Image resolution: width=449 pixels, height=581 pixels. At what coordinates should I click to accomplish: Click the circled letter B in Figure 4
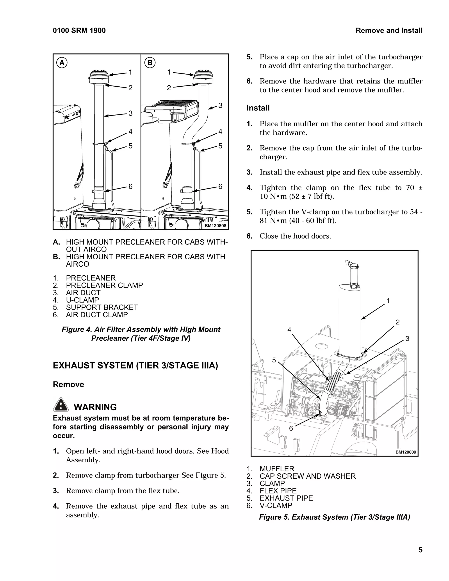click(150, 63)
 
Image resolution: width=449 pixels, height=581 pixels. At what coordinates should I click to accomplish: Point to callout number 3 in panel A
click(130, 113)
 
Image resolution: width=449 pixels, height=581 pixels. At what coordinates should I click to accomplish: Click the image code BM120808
click(216, 226)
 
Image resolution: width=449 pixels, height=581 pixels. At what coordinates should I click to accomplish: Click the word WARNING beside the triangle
click(95, 407)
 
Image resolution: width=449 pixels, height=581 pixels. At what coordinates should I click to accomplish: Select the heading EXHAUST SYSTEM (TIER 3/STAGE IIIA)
click(135, 365)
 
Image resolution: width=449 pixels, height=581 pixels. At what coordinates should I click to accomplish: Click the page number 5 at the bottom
click(420, 550)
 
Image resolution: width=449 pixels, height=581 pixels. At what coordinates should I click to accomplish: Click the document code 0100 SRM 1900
click(79, 31)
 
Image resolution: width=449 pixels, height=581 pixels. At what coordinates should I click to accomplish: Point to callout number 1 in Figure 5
click(388, 301)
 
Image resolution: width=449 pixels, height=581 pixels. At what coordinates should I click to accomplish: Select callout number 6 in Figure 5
click(291, 428)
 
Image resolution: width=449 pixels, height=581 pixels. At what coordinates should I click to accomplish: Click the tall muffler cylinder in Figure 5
click(350, 319)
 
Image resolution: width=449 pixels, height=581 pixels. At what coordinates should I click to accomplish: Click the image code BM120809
click(405, 452)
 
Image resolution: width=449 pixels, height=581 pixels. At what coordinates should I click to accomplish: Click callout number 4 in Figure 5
click(289, 330)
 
